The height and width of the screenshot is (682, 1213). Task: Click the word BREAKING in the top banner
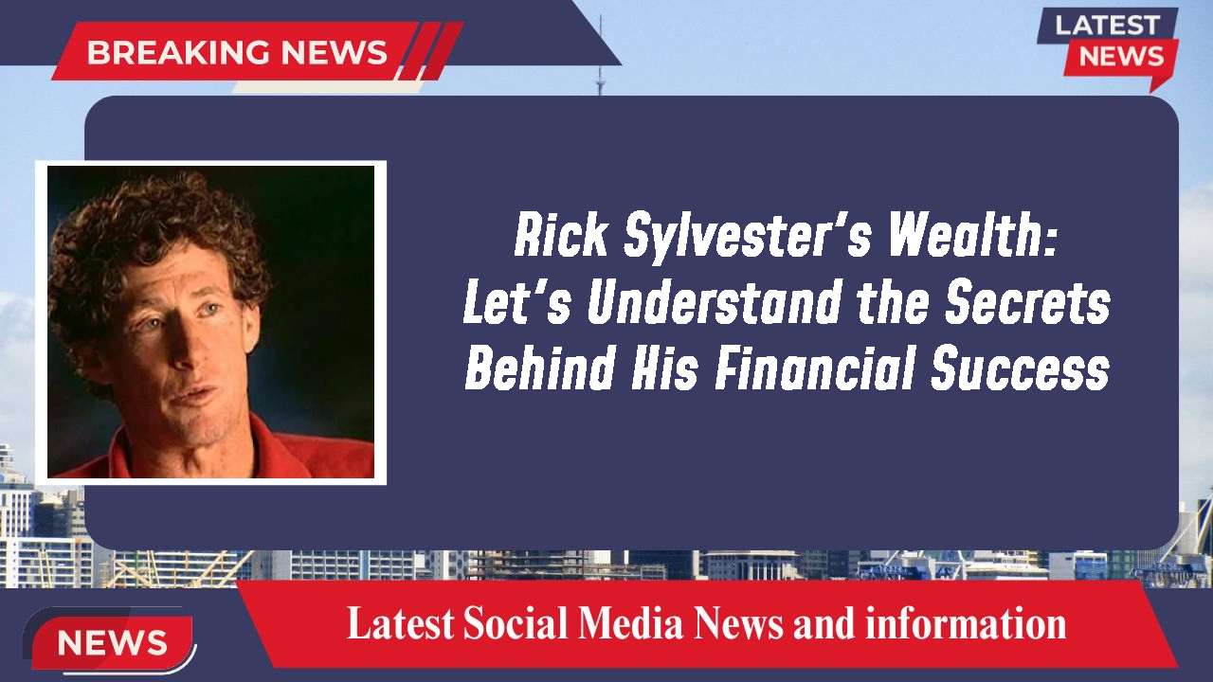162,52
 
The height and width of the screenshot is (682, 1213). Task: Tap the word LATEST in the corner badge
1106,26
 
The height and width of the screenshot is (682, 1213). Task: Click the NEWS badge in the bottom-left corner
112,642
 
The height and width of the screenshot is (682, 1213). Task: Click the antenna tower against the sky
600,71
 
